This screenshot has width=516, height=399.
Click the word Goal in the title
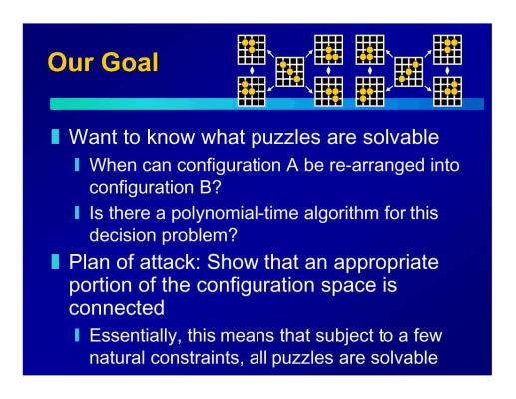130,62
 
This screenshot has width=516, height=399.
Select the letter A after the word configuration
292,165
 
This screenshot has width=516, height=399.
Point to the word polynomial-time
235,213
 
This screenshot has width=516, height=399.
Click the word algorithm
341,213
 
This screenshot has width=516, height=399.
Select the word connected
117,308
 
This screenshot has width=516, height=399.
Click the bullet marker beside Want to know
55,137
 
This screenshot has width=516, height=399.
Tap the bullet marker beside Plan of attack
55,262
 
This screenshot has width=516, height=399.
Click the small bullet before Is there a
77,213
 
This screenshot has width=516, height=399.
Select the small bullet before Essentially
77,335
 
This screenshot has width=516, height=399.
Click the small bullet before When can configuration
77,165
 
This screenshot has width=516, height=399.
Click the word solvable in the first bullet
401,137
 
